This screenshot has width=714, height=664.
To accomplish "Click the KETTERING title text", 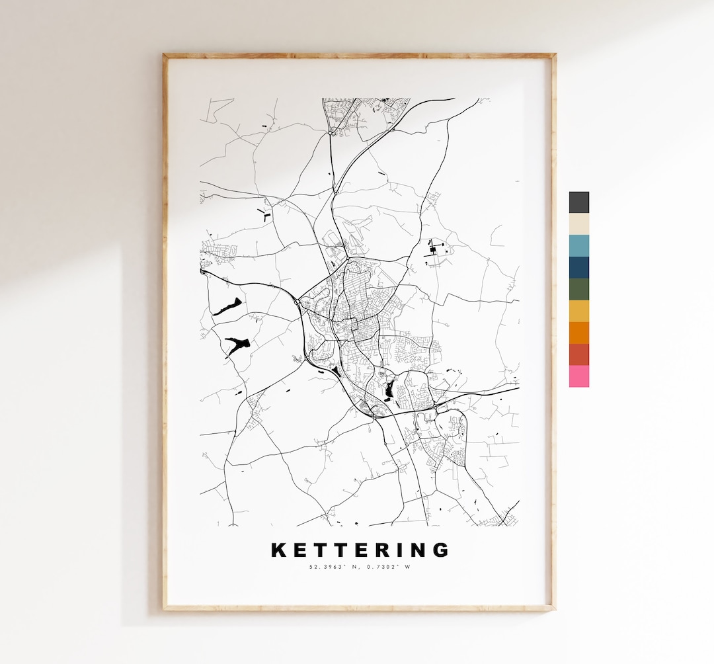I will coord(360,550).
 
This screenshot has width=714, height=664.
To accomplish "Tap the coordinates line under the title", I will coord(360,567).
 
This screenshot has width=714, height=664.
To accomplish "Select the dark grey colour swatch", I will coord(578,202).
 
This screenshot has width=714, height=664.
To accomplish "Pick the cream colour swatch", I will coord(578,224).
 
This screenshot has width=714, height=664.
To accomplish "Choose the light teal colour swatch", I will coord(578,245).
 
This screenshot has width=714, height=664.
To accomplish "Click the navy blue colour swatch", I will coord(578,267).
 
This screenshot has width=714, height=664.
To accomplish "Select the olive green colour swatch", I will coord(578,289).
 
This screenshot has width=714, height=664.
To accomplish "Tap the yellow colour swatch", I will coord(578,311).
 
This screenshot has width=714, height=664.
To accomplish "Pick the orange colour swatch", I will coord(578,333).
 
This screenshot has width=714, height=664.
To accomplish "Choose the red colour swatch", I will coord(578,354).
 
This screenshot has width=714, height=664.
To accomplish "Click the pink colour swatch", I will coord(578,376).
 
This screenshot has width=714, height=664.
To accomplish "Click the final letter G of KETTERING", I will coord(441,550).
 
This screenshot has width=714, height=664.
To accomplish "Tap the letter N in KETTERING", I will coord(418,550).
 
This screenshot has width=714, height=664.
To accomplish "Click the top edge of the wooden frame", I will coord(360,56).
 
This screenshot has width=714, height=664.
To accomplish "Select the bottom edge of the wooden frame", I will coord(360,607).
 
